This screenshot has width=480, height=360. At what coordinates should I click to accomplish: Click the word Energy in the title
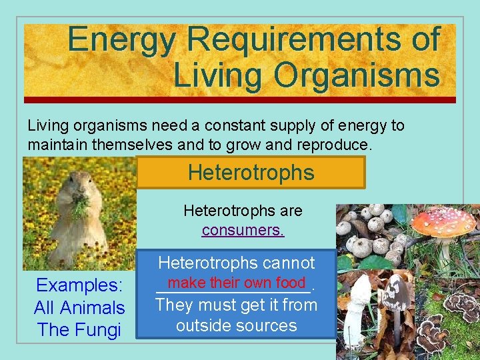[122, 39]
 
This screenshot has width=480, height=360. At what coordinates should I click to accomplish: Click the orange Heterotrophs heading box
[251, 173]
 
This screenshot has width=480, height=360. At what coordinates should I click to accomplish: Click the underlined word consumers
[243, 230]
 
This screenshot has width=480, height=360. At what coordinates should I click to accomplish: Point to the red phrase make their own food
[236, 283]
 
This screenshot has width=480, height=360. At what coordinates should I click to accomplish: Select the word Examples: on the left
[79, 285]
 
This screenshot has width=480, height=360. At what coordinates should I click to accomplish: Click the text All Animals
[79, 308]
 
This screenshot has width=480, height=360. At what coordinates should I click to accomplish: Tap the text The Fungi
[79, 330]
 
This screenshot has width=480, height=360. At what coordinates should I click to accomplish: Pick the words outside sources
[236, 326]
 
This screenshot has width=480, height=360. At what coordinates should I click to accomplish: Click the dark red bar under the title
[240, 100]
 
